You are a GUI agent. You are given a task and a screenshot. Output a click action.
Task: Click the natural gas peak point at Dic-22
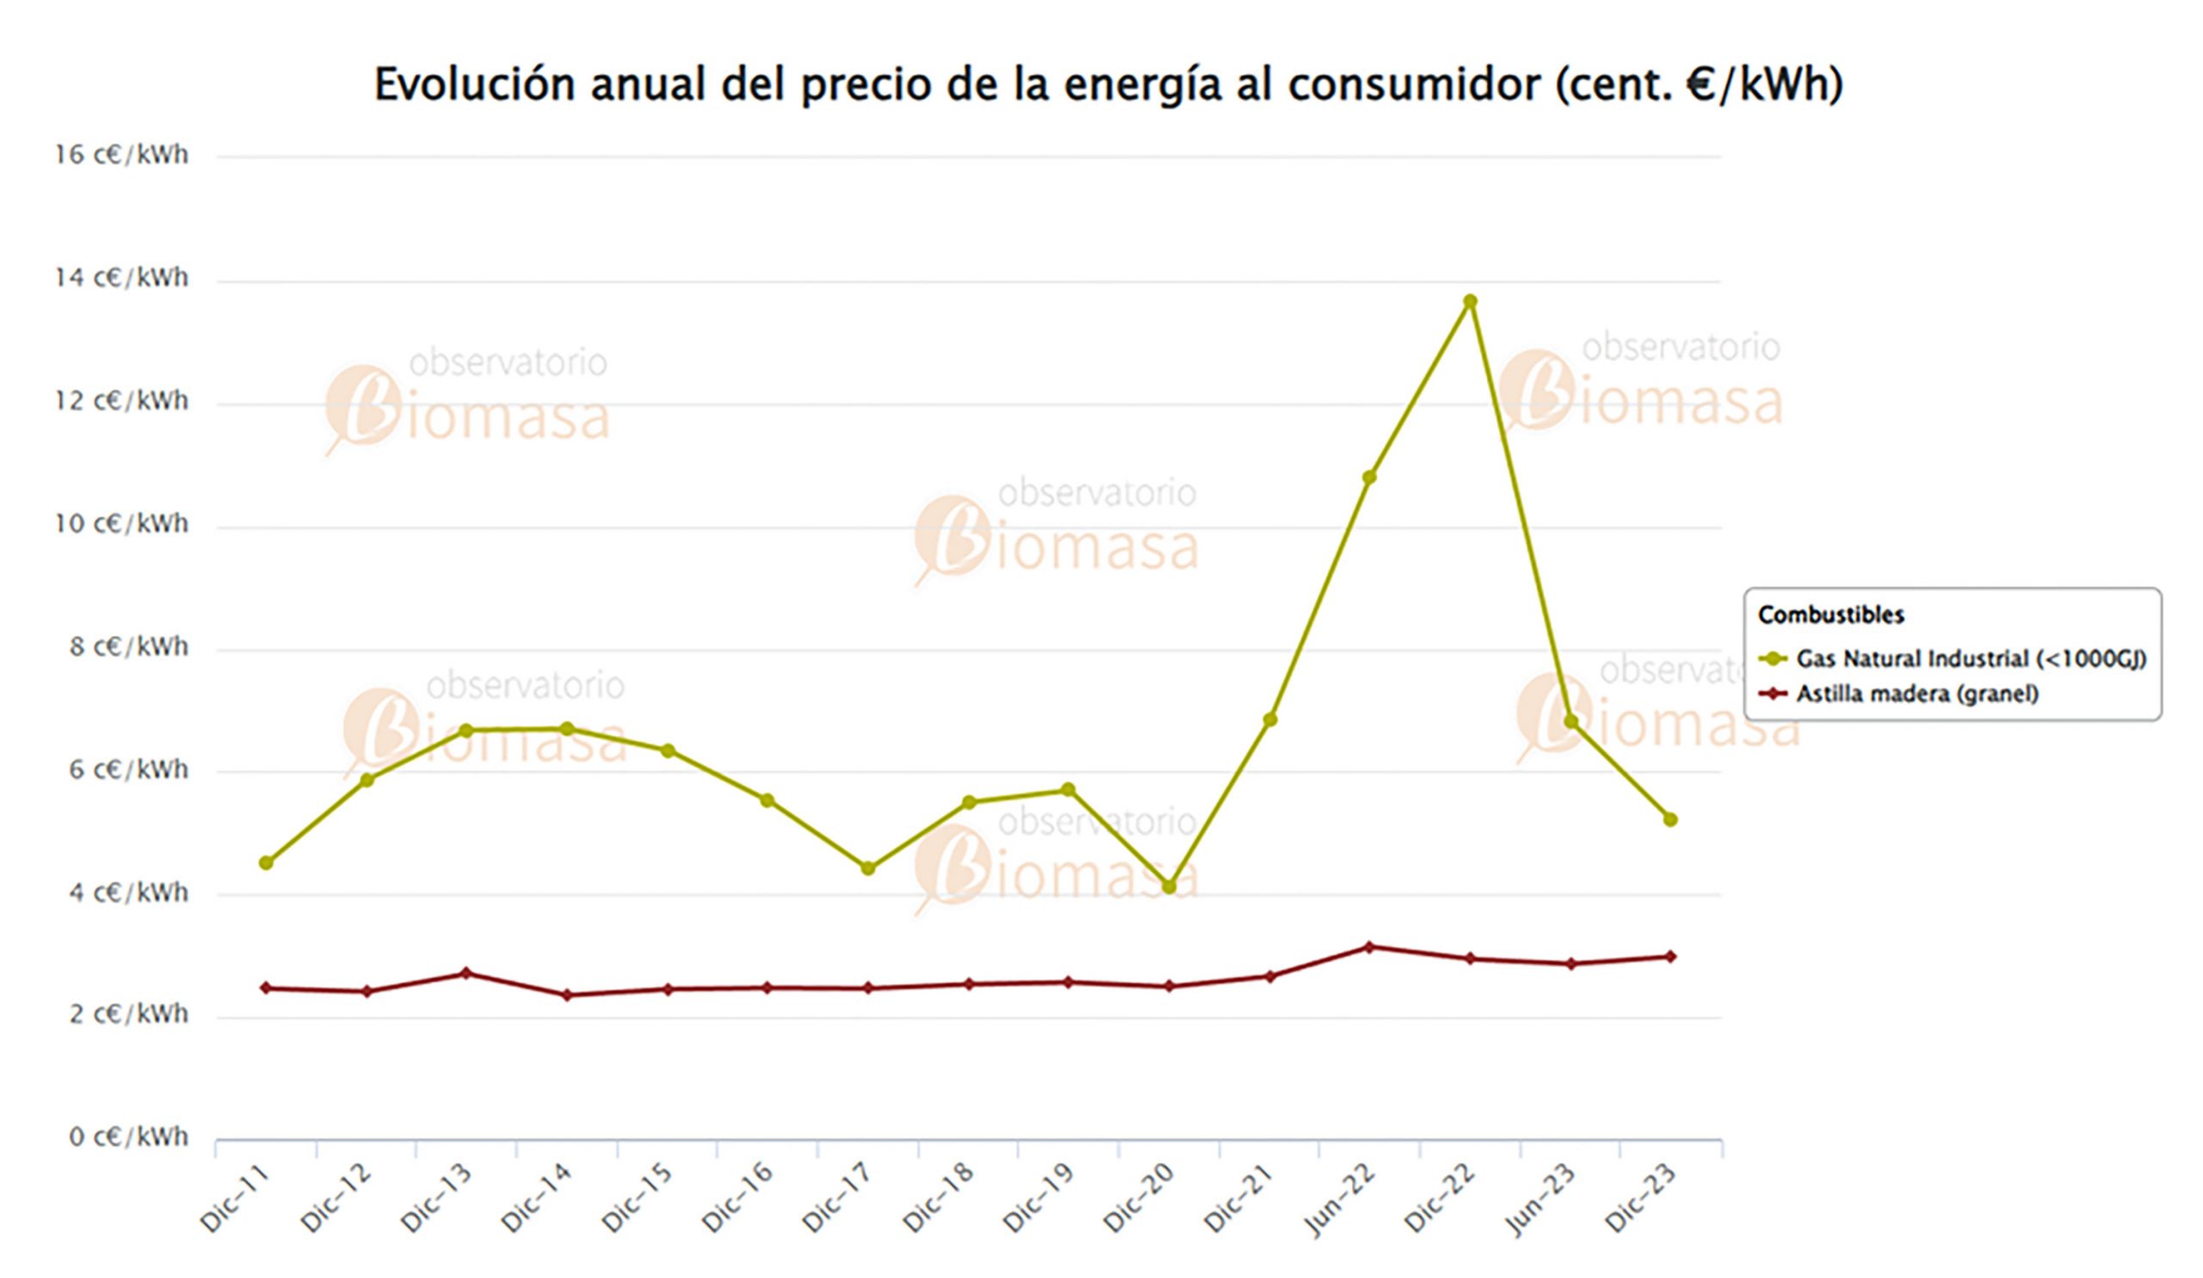(1470, 301)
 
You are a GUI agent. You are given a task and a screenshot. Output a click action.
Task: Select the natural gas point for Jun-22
(1369, 478)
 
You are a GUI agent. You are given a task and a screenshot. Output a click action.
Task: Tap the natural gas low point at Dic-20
(1169, 886)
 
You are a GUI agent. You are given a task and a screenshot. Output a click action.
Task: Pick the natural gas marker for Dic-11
(267, 863)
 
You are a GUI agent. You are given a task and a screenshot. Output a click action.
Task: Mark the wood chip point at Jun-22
(1369, 947)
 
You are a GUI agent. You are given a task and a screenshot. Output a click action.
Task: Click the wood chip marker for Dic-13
(466, 973)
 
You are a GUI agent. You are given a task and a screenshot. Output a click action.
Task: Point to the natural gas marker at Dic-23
(1669, 819)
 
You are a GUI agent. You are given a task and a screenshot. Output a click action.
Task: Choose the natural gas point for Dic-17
(868, 868)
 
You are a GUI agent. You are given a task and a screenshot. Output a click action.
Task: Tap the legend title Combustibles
(1830, 614)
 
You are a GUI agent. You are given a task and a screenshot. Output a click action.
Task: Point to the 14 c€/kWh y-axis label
(121, 278)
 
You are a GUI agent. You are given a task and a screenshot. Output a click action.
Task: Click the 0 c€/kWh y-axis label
(128, 1136)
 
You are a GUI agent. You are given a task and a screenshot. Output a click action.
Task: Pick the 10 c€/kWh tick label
(121, 523)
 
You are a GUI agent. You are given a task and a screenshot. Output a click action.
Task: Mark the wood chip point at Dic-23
(1669, 956)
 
